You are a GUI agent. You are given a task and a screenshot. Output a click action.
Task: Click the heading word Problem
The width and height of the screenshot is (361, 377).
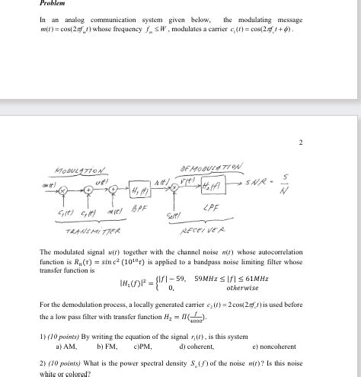(x=53, y=4)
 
